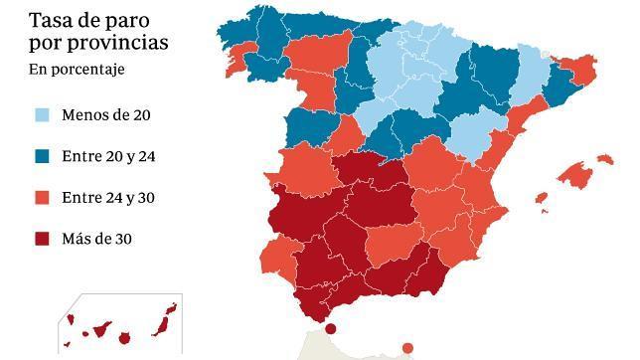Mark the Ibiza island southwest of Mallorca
coord(541,198)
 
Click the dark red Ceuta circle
coord(331,329)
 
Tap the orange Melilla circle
coord(407,347)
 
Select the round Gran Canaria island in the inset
coord(124,338)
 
